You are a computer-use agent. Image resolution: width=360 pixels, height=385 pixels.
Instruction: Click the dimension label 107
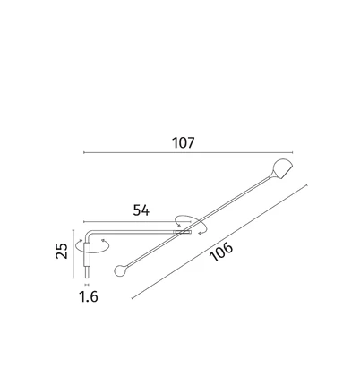(184, 142)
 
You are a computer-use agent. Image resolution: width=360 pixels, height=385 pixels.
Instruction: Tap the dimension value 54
(141, 210)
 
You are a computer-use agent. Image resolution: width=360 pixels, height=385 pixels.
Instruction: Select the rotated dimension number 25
(62, 251)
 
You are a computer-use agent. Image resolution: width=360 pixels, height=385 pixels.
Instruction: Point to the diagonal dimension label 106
(221, 252)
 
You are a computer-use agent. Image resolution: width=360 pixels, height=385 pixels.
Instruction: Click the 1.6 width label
(89, 296)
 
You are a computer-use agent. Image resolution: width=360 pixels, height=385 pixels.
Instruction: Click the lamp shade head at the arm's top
(282, 168)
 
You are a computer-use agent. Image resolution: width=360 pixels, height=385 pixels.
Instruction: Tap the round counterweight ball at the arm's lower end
(119, 270)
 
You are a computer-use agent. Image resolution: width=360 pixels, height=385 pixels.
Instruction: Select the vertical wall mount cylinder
(87, 254)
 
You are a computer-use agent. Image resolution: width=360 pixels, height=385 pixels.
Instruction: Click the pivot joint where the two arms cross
(183, 232)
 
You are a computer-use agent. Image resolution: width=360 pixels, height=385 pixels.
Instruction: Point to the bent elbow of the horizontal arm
(88, 234)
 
